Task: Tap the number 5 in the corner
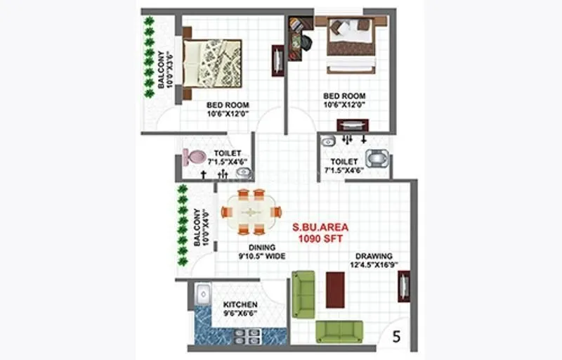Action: tap(396, 337)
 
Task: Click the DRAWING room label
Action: tap(374, 261)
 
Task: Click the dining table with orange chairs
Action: tap(251, 212)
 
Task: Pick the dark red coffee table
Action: tap(335, 289)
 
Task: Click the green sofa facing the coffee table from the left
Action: tap(303, 293)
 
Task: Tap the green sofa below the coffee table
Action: tap(339, 331)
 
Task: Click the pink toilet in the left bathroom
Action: tap(194, 157)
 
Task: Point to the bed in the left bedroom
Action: tap(211, 63)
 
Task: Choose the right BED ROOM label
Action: tap(344, 101)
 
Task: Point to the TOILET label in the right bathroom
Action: tap(344, 165)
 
